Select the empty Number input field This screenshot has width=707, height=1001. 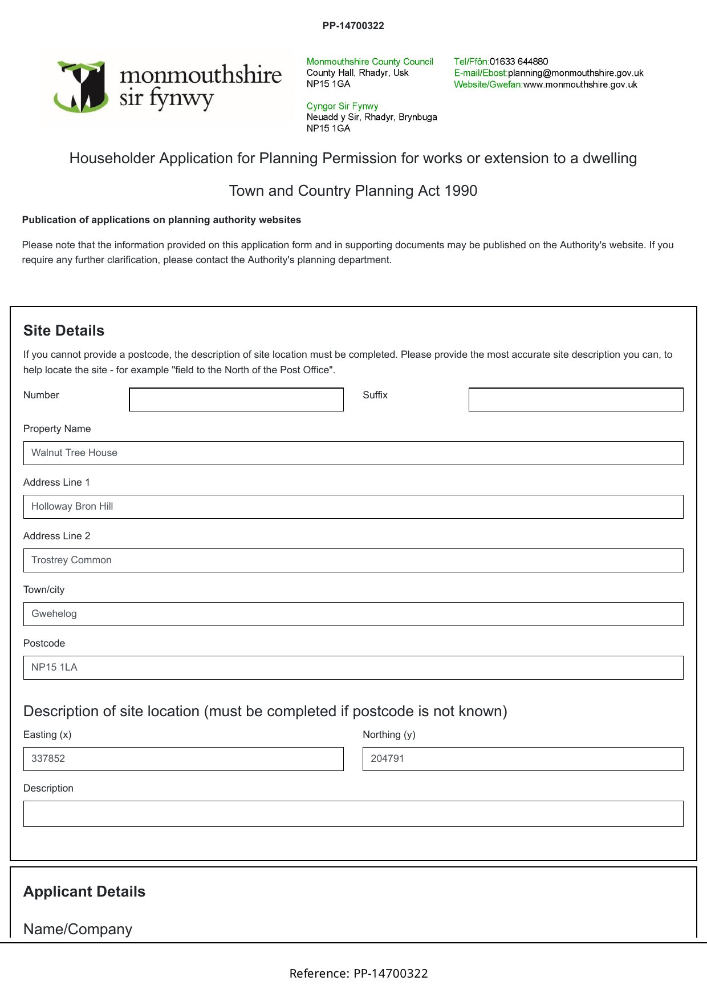236,399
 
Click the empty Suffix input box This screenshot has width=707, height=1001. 575,399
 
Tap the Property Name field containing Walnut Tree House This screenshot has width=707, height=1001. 353,453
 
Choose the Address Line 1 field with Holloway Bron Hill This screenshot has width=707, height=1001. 353,507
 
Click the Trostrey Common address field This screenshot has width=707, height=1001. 353,560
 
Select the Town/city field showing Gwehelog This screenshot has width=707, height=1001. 353,614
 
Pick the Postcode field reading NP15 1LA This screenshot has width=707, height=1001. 353,668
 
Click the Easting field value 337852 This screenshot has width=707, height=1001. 183,759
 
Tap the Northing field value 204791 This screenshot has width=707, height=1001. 522,759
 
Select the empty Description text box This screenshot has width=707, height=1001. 353,814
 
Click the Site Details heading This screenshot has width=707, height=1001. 64,331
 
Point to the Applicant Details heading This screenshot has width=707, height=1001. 84,892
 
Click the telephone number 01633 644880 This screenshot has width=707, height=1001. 519,62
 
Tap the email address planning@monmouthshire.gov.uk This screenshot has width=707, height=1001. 575,73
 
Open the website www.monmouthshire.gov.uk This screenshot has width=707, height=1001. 580,84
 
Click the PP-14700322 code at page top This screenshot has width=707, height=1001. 353,26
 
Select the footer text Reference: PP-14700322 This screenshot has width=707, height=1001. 359,974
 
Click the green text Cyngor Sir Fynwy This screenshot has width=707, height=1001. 342,106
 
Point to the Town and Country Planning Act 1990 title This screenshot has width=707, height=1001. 353,191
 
